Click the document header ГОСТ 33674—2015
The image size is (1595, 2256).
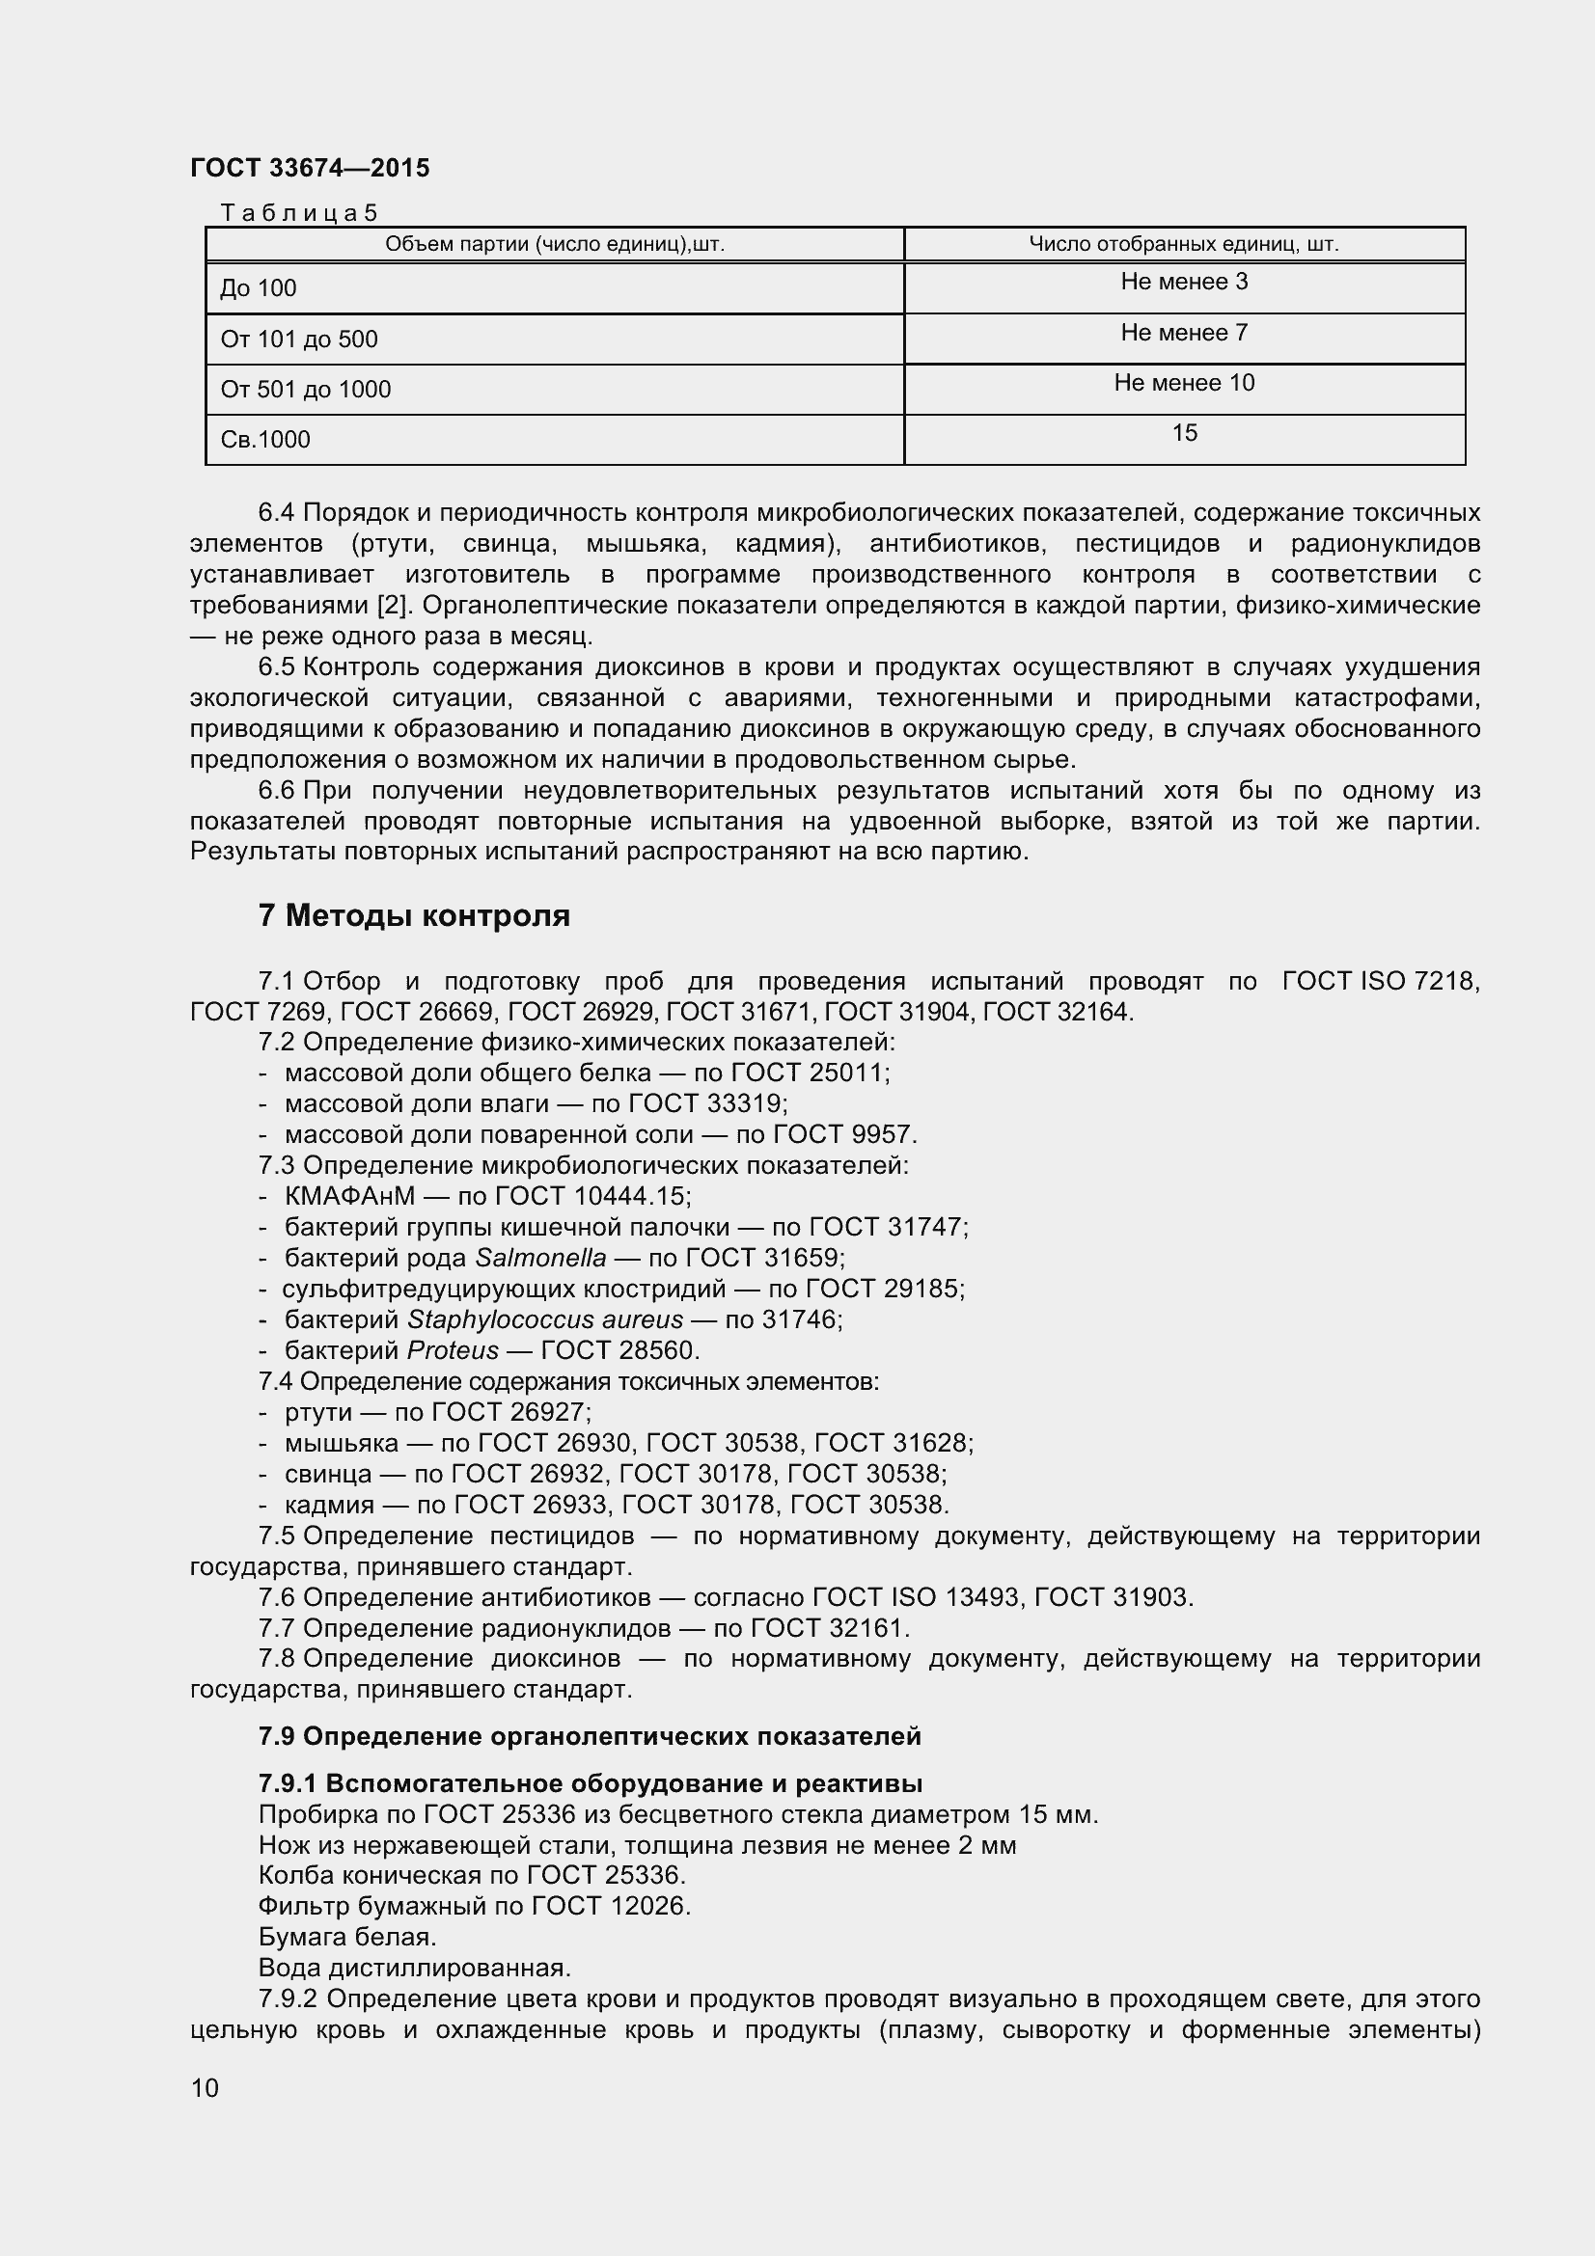[x=310, y=168]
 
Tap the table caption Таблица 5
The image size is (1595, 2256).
[x=299, y=212]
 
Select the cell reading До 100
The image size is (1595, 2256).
[x=259, y=287]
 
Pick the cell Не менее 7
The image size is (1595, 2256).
[x=1183, y=333]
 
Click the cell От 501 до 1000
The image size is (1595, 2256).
[x=306, y=389]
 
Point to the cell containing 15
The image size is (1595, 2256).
[x=1183, y=433]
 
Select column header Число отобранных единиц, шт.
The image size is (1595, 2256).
[x=1183, y=244]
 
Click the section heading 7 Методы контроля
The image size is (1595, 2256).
[x=414, y=915]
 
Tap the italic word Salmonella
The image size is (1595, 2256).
[x=540, y=1258]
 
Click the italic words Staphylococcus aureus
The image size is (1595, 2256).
[x=544, y=1319]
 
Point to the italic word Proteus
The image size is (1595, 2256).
[x=454, y=1350]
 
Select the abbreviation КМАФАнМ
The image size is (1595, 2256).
[x=350, y=1196]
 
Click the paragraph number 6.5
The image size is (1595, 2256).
[x=276, y=667]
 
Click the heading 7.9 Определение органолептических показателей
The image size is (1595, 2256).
[x=590, y=1736]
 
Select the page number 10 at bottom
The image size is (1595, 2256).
[x=205, y=2087]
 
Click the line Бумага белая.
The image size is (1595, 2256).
[x=347, y=1937]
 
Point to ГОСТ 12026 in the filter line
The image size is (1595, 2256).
[x=609, y=1906]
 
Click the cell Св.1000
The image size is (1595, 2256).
[x=265, y=439]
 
